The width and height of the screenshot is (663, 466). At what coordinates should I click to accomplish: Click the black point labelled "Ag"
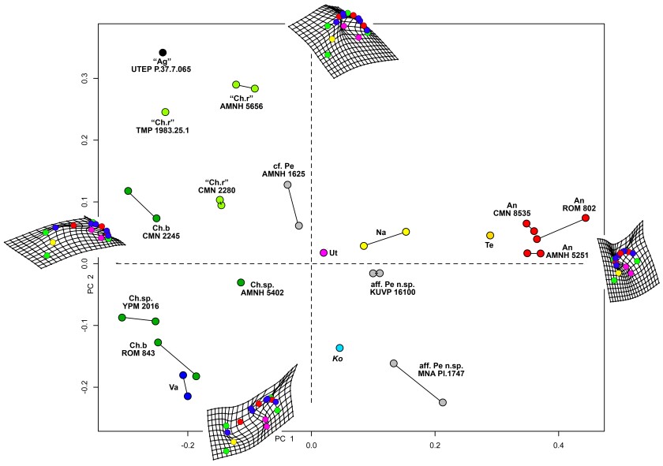(x=163, y=52)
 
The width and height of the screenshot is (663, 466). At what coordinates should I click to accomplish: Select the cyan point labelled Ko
(x=339, y=348)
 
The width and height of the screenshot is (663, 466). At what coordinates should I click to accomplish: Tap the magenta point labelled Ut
(x=324, y=252)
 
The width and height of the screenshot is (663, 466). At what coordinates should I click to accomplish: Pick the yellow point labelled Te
(x=490, y=235)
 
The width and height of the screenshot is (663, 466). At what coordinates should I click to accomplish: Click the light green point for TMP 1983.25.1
(x=166, y=112)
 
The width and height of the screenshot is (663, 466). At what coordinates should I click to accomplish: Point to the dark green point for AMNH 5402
(x=241, y=282)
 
